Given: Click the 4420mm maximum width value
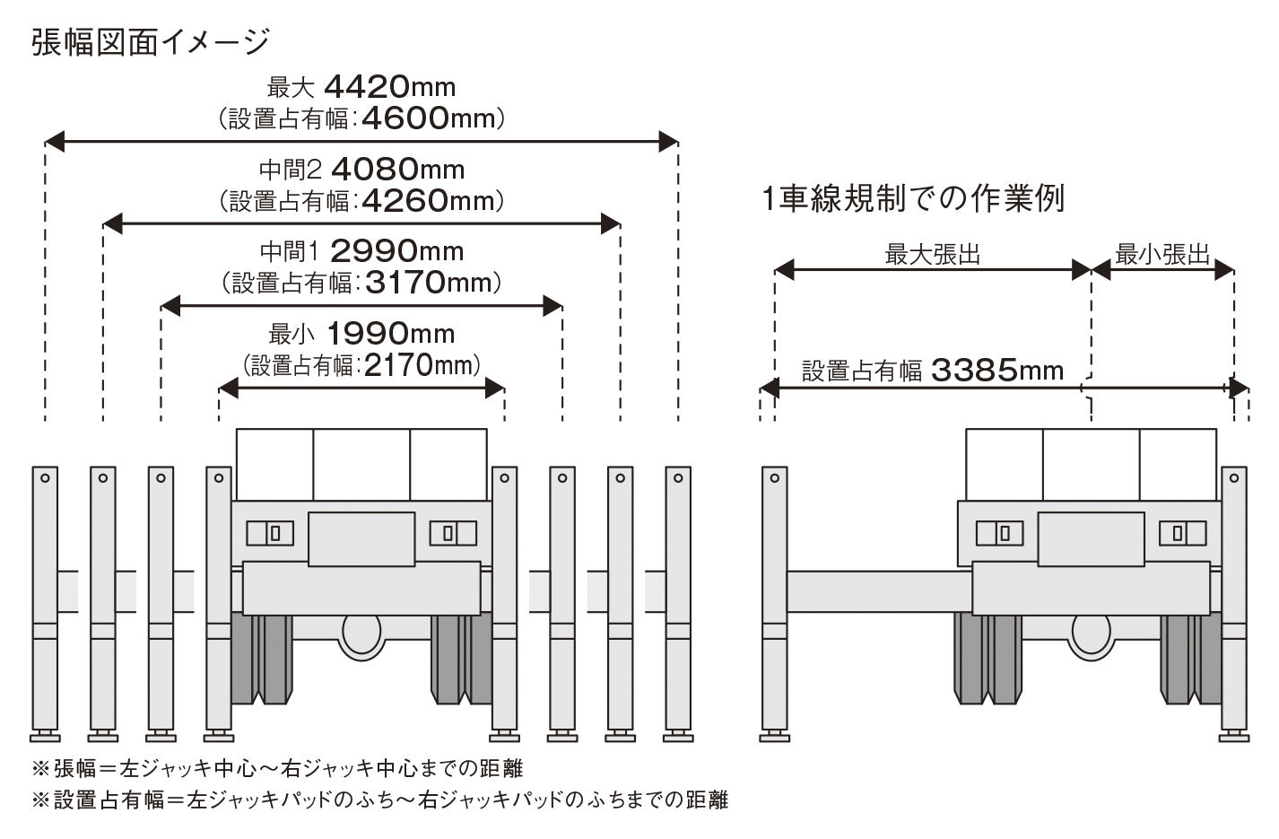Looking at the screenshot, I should coord(389,86).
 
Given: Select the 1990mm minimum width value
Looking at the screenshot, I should coord(389,334).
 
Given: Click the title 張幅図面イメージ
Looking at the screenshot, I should coord(151,42).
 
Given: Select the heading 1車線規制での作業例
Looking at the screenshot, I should coord(913,198).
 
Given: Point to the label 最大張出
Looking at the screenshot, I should coord(933,255).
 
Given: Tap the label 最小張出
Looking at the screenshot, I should coord(1162,255).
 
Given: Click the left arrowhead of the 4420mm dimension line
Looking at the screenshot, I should coord(54,140).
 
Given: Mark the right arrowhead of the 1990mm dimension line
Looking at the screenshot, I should coord(495,388).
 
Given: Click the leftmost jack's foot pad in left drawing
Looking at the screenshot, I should coord(45,738).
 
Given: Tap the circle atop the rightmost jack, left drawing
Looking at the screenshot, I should coord(678,478).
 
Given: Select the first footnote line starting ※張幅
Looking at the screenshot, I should coord(277,769).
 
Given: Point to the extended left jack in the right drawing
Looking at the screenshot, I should coord(774,597).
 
